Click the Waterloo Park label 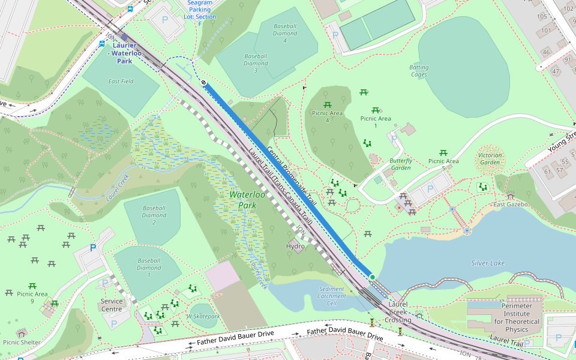coord(247,200)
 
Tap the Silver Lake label coord(488,263)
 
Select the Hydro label coord(295,247)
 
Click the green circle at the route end coord(372,277)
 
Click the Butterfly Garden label coord(401,164)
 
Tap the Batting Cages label coord(419,71)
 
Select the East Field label coord(121,81)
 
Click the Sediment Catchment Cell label coord(332,296)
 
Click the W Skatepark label coord(203,316)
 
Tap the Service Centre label coord(112,305)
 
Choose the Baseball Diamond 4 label coord(285,34)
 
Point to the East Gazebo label coord(510,205)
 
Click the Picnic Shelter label coord(22,343)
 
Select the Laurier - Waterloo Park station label coord(125,53)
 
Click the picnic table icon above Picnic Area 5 coord(443,153)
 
